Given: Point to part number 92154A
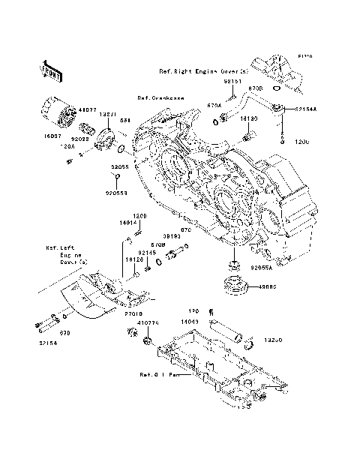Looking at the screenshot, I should point(305,109).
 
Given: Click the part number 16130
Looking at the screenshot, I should point(249,118).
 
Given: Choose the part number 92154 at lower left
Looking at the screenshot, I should point(42,344).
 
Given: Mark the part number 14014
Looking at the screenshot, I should point(127,223).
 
